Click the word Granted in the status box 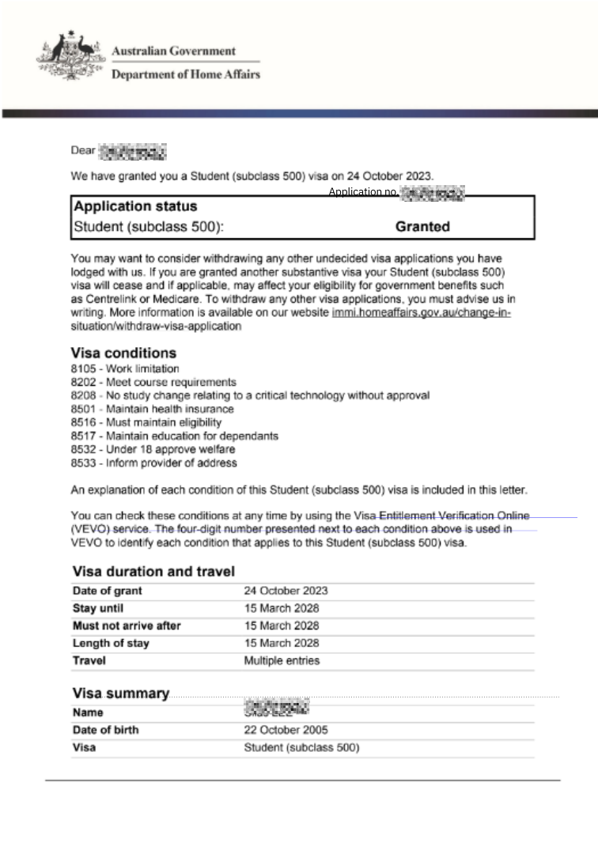coord(422,227)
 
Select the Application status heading coord(135,206)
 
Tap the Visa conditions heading coord(124,353)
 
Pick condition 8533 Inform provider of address coord(153,463)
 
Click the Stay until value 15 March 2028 coord(282,608)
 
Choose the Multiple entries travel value coord(282,660)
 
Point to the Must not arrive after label coord(127,625)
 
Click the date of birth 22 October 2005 coord(286,730)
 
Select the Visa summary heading coord(121,693)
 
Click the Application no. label coord(363,192)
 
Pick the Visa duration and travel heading coord(153,571)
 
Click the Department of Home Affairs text coord(186,74)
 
